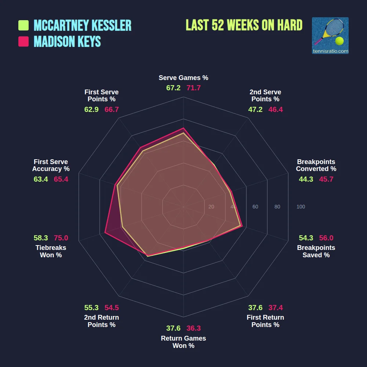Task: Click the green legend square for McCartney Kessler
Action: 23,26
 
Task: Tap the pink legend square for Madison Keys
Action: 23,41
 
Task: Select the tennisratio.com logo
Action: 330,36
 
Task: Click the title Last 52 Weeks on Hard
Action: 244,25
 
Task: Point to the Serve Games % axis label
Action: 183,78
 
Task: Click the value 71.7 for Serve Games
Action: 193,88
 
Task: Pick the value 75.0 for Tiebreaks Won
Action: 61,238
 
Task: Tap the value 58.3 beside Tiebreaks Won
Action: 41,238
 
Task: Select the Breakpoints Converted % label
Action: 316,165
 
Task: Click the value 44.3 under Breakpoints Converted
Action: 306,179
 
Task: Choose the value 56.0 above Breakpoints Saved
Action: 326,238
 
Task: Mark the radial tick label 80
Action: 277,207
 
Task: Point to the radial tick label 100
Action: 301,207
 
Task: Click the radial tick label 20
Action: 211,207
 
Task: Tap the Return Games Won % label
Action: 183,342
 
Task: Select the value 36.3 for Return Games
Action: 193,328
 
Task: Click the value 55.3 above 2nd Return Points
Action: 91,308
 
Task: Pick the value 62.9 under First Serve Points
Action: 91,109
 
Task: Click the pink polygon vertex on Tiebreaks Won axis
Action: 105,233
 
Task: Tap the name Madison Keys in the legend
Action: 67,41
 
